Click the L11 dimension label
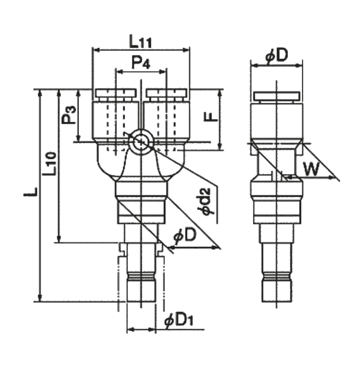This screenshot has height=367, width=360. pyautogui.click(x=140, y=42)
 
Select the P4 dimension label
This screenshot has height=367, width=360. pyautogui.click(x=140, y=64)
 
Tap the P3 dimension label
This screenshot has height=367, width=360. pyautogui.click(x=69, y=115)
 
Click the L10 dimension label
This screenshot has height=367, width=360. pyautogui.click(x=50, y=163)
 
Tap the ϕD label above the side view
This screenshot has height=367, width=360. pyautogui.click(x=276, y=56)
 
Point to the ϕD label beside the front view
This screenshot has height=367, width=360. pyautogui.click(x=184, y=237)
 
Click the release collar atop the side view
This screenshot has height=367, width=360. pyautogui.click(x=276, y=96)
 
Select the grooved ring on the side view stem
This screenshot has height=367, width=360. pyautogui.click(x=276, y=277)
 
